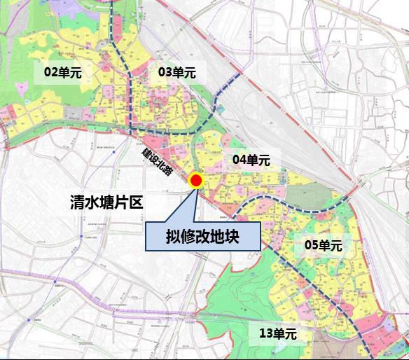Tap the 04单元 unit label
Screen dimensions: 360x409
pos(251,160)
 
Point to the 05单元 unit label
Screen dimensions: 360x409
pos(323,246)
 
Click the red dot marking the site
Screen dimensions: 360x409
pos(196,181)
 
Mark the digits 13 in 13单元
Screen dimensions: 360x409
pos(265,334)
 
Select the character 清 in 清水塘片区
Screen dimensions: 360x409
pos(78,204)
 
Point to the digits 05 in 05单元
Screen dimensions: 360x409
pos(311,246)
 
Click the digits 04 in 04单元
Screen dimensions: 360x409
pos(239,160)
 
